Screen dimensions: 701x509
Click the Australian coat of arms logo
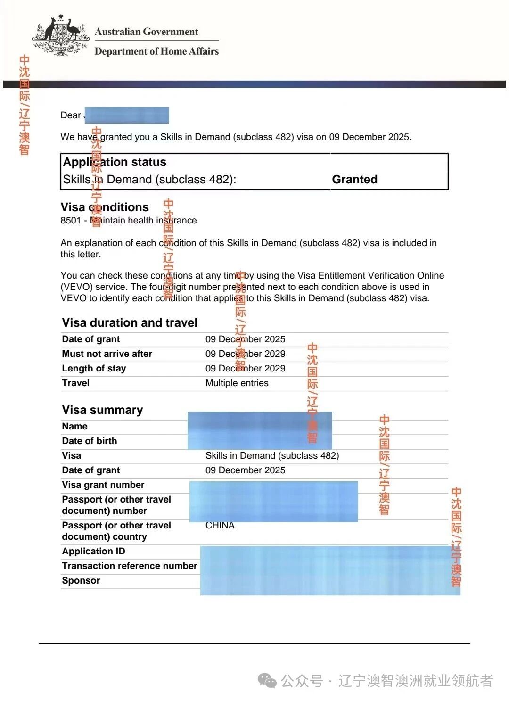[61, 36]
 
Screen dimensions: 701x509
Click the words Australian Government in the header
[147, 32]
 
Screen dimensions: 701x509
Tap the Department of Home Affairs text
[156, 51]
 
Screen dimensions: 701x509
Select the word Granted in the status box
[354, 179]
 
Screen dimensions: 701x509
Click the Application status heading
[115, 162]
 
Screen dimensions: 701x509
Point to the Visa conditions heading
[105, 207]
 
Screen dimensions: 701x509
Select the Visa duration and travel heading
[130, 322]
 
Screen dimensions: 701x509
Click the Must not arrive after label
[107, 354]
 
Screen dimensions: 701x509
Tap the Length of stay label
[94, 368]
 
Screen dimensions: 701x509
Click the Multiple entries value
[237, 383]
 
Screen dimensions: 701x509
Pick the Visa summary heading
[102, 410]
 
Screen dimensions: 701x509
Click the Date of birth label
[90, 441]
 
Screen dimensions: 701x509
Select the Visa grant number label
[103, 485]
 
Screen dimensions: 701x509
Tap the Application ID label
[93, 551]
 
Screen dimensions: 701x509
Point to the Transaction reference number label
[130, 566]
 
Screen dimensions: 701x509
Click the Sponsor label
[81, 580]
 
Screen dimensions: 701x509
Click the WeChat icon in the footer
[268, 680]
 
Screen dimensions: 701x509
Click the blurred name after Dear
[126, 115]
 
